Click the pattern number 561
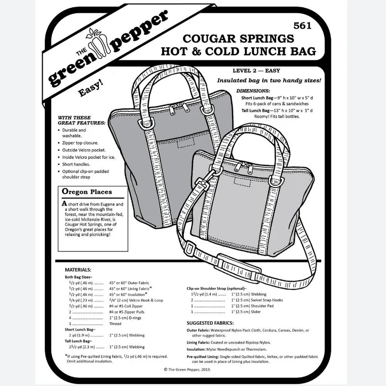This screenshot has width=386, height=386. (303, 26)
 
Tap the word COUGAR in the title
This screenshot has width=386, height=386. (209, 39)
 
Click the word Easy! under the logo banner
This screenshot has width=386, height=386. (90, 88)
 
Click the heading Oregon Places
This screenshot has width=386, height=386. (87, 192)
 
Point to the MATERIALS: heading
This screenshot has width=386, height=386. (78, 270)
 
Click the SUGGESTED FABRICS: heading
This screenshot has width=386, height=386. (210, 323)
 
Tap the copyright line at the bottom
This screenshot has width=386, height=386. (187, 369)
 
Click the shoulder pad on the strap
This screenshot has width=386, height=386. (238, 267)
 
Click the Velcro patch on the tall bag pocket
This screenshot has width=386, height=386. (186, 143)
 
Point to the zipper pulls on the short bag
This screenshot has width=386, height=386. (243, 166)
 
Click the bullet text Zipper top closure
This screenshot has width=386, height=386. (80, 143)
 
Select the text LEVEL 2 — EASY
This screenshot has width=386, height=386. (256, 70)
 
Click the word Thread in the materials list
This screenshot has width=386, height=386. (115, 324)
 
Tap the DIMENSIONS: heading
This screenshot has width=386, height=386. (253, 91)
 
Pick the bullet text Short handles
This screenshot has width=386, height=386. (76, 164)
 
